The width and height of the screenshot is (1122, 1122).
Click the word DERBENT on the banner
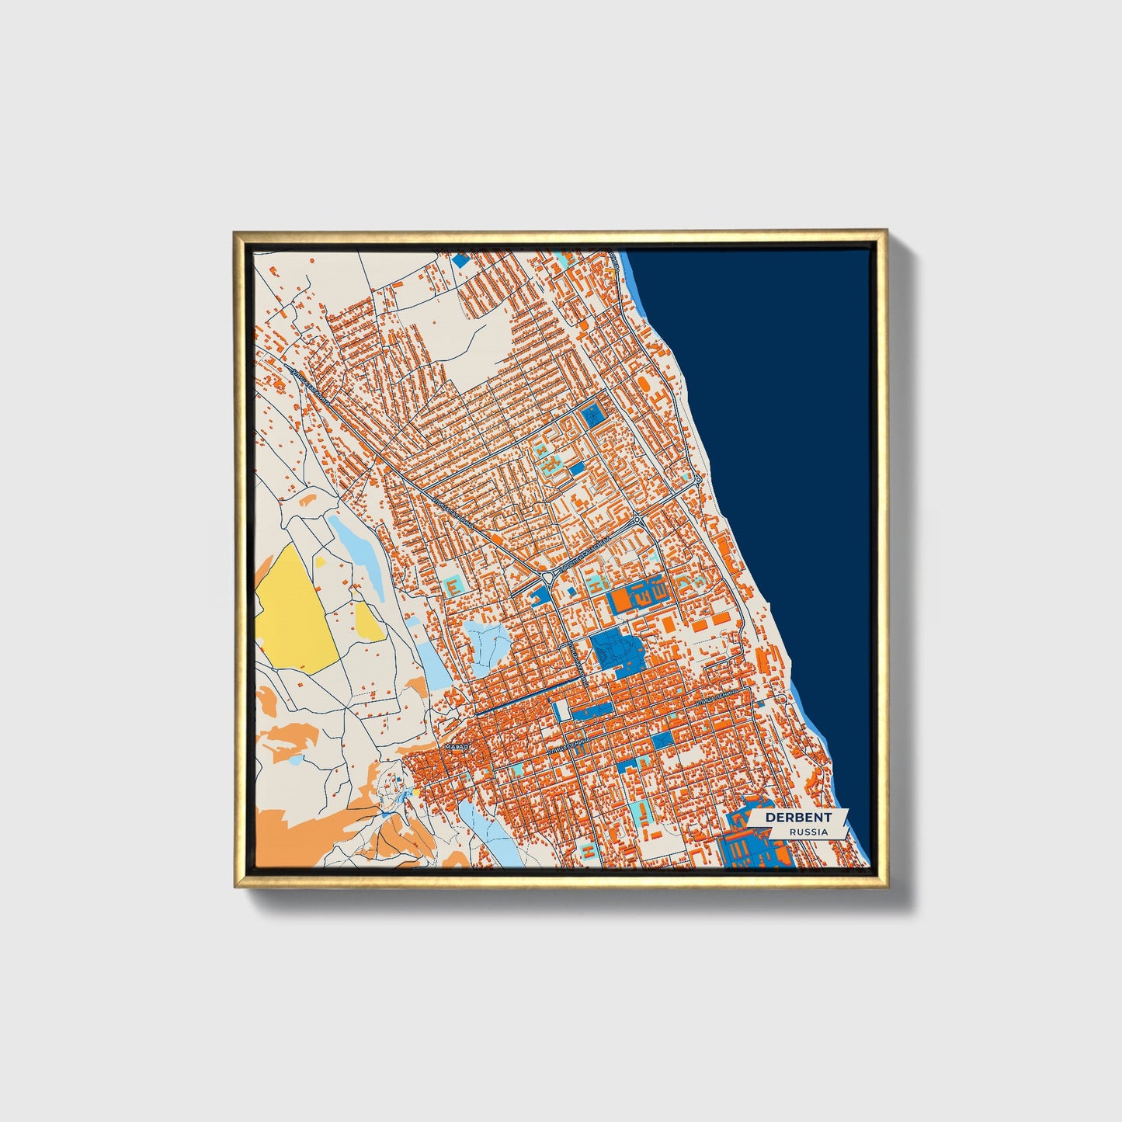[x=797, y=817]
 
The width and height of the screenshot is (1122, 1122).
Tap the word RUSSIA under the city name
[x=808, y=832]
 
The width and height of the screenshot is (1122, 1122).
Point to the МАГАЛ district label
[x=456, y=746]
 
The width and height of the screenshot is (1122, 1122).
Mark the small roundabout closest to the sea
[x=698, y=481]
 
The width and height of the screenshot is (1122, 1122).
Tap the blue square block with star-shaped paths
[x=594, y=414]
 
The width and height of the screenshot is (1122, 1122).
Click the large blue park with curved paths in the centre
[x=616, y=651]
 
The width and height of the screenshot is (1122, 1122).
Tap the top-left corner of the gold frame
[x=234, y=232]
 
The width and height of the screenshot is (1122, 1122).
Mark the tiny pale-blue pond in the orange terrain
[x=294, y=760]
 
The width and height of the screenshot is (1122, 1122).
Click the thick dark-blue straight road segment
[x=528, y=696]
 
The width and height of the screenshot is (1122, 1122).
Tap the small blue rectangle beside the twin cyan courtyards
[x=576, y=468]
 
